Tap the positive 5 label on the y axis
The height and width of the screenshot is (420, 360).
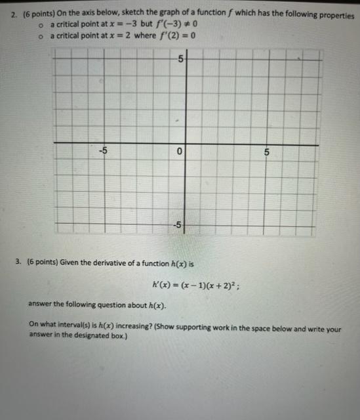pos(181,60)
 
